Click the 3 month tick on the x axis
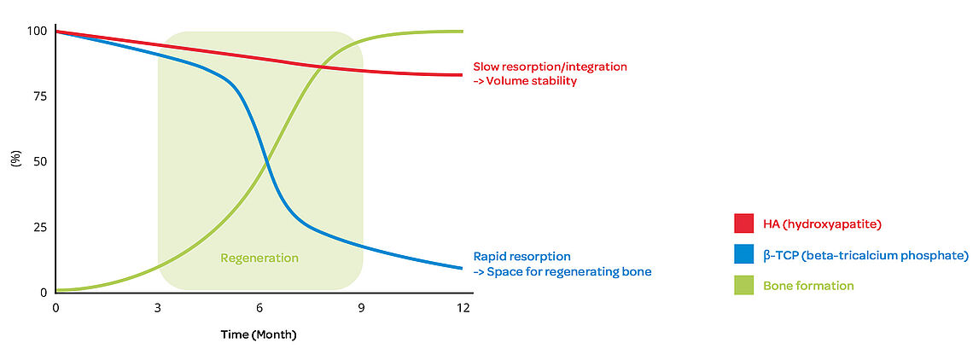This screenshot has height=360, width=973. coord(158,307)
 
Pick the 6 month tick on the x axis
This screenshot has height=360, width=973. coord(259,307)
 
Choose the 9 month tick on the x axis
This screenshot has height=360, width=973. coord(361,307)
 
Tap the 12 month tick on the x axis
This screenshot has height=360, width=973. coord(463,307)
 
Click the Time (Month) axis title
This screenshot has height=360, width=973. coord(259,334)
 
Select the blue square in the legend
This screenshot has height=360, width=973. coord(743,254)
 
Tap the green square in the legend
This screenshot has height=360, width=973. coord(743,285)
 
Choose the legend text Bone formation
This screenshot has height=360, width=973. coord(808,286)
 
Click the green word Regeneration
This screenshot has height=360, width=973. coord(259,258)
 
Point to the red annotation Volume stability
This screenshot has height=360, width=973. coord(532,81)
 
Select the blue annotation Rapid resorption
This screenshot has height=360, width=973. coord(521,256)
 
